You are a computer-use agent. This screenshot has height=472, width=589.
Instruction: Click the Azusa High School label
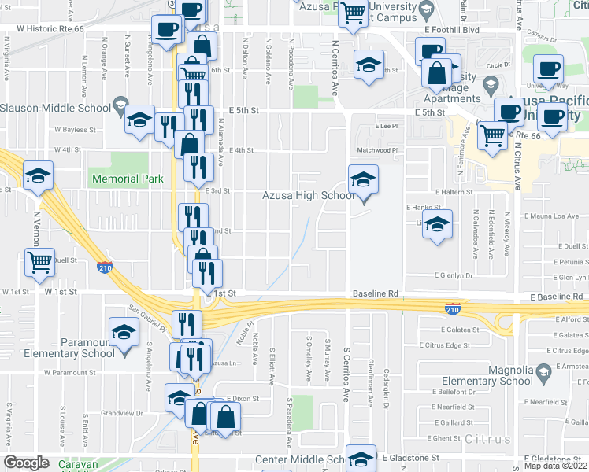(309, 195)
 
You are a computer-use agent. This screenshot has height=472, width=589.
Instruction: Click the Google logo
(26, 463)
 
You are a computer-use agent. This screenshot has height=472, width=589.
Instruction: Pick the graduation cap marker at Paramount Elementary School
(124, 333)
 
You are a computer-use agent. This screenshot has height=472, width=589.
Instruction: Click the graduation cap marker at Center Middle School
(361, 459)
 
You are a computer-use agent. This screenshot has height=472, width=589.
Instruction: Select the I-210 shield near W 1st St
(104, 267)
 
